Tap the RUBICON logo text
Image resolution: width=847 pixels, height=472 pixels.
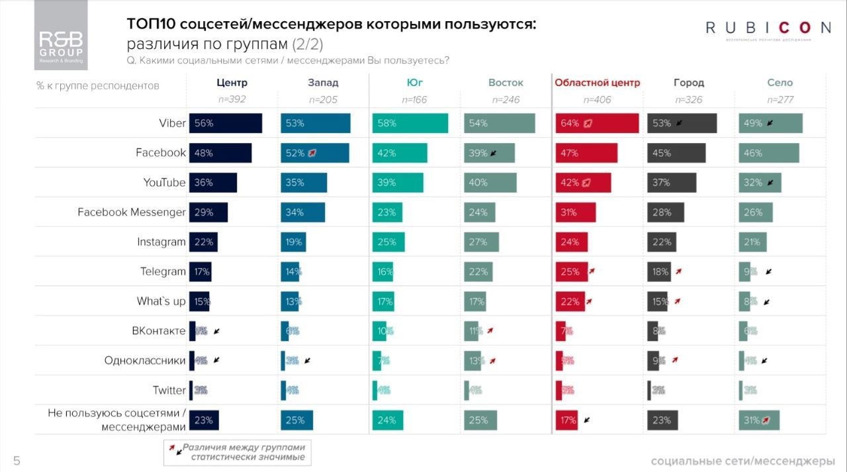pos(768,28)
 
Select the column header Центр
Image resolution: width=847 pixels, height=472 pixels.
pos(232,83)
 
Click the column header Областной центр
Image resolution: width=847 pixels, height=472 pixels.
pos(597,83)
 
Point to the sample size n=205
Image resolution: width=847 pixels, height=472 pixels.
pos(322,100)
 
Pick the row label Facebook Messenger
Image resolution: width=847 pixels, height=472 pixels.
pos(131,212)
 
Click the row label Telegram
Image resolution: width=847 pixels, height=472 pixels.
pos(163,271)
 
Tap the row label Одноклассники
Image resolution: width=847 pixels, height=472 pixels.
pos(145,361)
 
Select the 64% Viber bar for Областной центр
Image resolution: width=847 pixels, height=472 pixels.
pos(597,123)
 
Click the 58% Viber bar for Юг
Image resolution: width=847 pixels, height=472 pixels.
pos(410,123)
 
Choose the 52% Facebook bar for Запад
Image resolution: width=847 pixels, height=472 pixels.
pos(314,153)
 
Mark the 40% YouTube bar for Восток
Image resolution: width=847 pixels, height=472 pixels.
pos(490,183)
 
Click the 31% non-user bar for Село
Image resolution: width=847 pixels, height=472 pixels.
pos(759,420)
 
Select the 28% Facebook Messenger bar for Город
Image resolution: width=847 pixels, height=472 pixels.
pos(666,212)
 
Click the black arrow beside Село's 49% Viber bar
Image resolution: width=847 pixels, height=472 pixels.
pos(770,123)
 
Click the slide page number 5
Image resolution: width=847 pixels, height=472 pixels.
pos(17,461)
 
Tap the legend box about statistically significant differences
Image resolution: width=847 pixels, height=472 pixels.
pos(238,452)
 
